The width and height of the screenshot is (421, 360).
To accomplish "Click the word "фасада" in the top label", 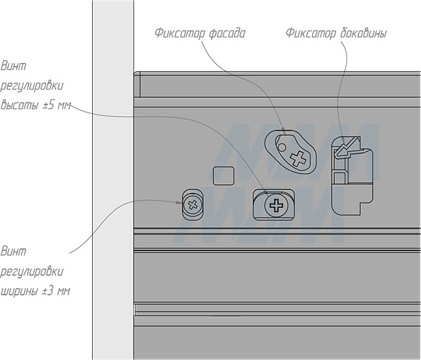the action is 227,33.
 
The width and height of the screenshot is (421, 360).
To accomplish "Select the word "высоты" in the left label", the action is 20,105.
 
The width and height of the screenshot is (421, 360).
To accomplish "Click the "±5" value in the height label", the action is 49,105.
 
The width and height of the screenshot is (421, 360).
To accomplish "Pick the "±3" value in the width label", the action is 49,291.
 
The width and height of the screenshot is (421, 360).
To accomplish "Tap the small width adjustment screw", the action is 193,205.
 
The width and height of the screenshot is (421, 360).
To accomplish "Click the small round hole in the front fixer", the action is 282,147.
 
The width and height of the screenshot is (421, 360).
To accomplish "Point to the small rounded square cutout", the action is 223,176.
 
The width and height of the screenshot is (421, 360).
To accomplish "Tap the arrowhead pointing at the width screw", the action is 179,202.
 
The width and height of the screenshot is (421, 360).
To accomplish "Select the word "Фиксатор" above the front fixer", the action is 180,33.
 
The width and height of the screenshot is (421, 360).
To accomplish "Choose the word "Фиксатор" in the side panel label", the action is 311,33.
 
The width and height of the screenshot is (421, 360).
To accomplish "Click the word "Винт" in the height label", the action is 14,66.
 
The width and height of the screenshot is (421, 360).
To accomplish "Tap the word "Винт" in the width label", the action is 14,252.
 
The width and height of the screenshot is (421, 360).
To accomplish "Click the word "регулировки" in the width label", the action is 32,272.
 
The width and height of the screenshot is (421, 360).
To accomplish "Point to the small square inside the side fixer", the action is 339,178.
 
